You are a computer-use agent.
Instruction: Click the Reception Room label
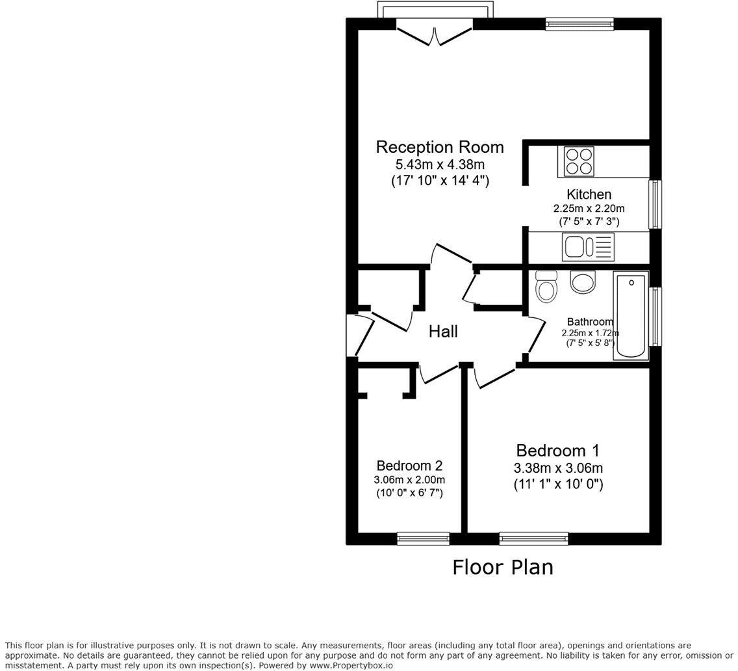[440, 147]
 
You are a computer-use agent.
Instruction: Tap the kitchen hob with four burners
[579, 161]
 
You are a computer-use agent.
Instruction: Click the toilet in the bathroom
[546, 287]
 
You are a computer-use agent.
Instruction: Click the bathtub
[631, 316]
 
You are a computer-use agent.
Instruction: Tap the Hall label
[443, 332]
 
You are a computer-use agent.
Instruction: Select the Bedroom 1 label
[557, 451]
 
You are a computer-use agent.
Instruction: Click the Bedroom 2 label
[409, 466]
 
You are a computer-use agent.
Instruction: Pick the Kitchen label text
[589, 194]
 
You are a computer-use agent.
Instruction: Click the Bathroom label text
[590, 322]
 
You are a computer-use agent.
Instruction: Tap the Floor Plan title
[503, 567]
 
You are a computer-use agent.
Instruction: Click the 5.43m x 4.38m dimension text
[440, 165]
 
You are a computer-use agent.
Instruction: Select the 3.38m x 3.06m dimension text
[558, 468]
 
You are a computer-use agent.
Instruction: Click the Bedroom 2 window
[423, 538]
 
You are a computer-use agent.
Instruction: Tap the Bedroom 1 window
[533, 538]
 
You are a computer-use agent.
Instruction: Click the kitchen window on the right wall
[655, 205]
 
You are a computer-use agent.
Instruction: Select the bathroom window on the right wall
[655, 317]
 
